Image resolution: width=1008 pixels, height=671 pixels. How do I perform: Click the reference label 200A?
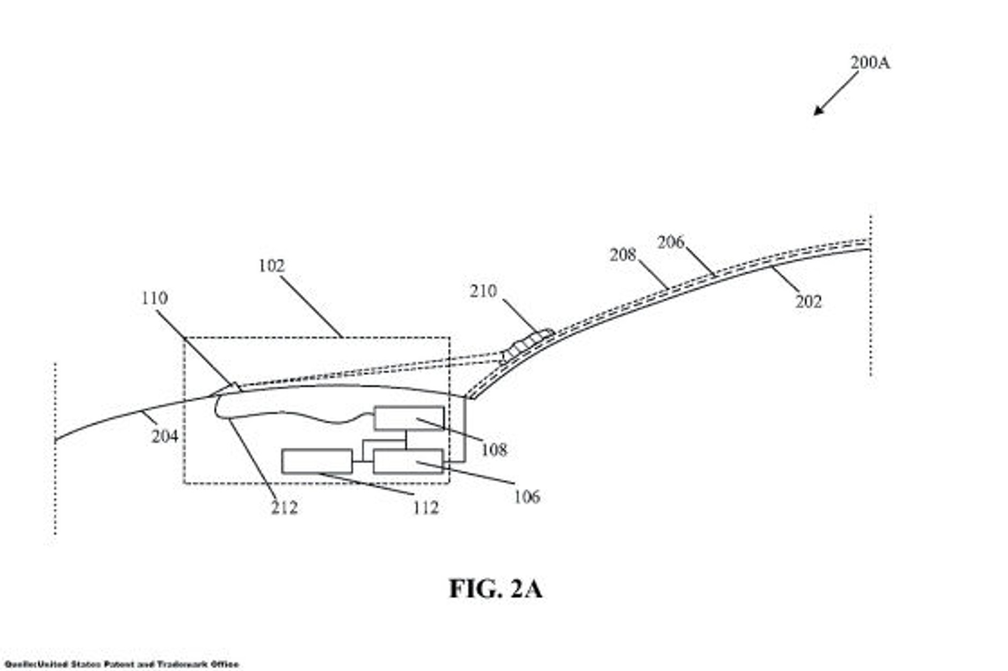coord(870,63)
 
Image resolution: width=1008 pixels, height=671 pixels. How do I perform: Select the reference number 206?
coord(671,242)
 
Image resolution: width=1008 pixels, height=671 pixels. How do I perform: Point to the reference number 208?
coord(622,255)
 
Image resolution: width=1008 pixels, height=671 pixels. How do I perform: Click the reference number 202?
coord(808,302)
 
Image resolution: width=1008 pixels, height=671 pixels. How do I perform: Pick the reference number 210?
coord(483,291)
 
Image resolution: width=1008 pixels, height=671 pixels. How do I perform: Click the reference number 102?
coord(271,266)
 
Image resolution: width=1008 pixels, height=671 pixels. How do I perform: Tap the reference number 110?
coord(154,298)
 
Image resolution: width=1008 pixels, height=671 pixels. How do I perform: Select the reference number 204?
coord(164,436)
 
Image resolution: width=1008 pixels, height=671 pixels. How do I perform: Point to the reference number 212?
coord(284,507)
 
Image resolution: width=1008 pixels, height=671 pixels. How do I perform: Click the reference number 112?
coord(426,507)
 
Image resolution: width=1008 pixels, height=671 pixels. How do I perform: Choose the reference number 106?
coord(527,497)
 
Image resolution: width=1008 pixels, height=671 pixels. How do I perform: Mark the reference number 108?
coord(494,449)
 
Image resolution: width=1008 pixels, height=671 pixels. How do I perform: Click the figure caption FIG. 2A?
coord(495,588)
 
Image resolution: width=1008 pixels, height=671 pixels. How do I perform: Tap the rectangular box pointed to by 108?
coord(409,418)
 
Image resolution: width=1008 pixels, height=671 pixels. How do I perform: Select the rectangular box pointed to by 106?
coord(407,461)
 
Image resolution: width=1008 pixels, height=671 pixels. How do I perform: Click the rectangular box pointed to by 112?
coord(317,461)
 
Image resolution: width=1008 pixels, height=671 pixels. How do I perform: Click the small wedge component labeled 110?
coord(231,387)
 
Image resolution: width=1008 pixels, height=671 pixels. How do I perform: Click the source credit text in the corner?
coord(121,665)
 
